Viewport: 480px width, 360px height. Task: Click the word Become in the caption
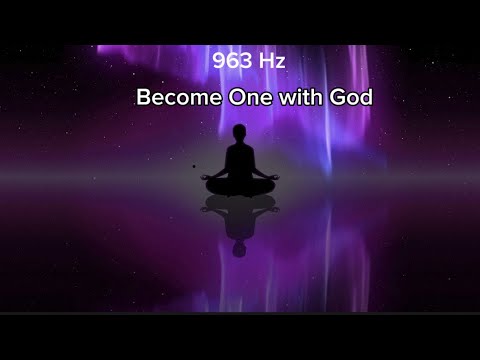[x=174, y=100]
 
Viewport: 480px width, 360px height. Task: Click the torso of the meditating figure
[x=238, y=160]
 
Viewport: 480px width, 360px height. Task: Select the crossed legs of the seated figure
[x=238, y=184]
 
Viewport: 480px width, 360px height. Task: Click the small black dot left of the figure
[x=194, y=167]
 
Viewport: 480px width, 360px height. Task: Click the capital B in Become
[x=143, y=100]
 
